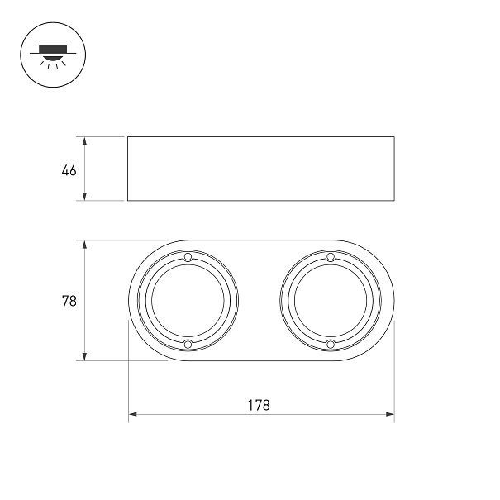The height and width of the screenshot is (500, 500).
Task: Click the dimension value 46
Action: point(69,170)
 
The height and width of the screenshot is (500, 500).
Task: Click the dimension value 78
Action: point(69,301)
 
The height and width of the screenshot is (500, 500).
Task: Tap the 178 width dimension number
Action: point(259,405)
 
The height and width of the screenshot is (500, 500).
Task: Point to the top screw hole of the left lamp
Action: point(188,257)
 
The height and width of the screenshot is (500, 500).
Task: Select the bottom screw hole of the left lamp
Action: point(188,344)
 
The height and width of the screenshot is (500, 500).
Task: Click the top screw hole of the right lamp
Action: point(331,257)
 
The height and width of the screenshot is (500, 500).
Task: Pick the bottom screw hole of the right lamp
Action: point(331,344)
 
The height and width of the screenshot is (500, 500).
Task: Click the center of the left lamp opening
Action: point(188,300)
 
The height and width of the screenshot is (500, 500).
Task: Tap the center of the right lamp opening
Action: point(331,300)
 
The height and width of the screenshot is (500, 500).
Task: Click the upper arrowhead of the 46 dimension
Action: point(84,141)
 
